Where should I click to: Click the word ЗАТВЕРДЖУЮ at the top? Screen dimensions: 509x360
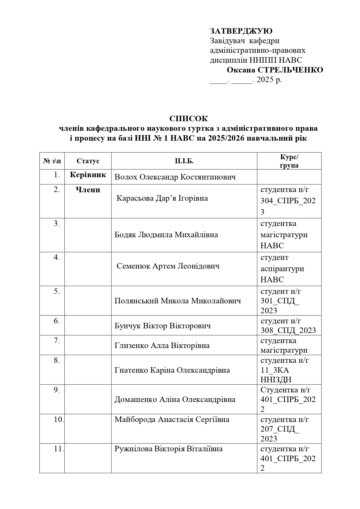click(x=241, y=31)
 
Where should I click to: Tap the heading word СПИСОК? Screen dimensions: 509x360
click(x=189, y=119)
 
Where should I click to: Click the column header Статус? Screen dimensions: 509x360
click(x=88, y=161)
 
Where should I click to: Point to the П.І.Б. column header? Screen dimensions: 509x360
click(x=184, y=161)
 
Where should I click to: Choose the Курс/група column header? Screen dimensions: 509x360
click(x=289, y=161)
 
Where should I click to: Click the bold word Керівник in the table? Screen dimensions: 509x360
click(x=88, y=175)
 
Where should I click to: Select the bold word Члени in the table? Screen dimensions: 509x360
click(x=88, y=190)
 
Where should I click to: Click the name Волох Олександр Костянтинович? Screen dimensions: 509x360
click(x=175, y=177)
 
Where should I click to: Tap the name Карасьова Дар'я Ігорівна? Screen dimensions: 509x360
click(x=162, y=198)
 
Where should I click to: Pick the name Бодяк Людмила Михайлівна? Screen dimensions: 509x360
click(x=166, y=235)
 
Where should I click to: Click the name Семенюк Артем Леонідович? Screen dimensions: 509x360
click(x=168, y=266)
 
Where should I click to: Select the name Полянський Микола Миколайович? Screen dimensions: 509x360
click(x=178, y=301)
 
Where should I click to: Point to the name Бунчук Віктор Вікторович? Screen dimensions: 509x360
click(x=162, y=326)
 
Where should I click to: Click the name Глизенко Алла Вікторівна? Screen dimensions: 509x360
click(x=162, y=345)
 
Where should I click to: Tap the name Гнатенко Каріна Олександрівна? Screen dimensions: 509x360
click(x=172, y=370)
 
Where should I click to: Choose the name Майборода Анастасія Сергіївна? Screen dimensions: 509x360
click(x=172, y=419)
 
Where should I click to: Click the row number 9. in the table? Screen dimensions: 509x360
click(x=57, y=390)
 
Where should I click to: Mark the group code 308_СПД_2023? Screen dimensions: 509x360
click(x=288, y=330)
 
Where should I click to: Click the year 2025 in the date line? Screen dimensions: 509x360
click(x=265, y=79)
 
